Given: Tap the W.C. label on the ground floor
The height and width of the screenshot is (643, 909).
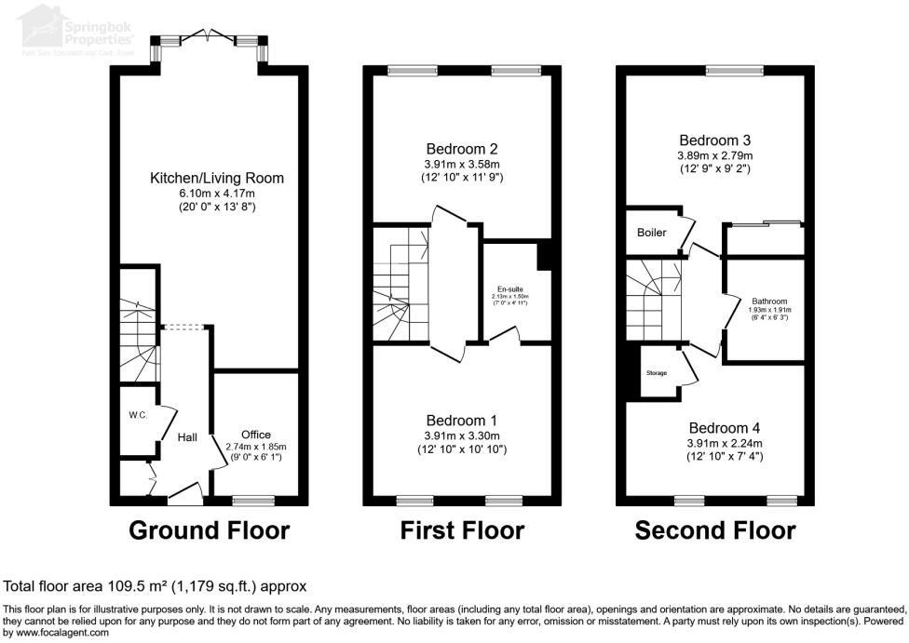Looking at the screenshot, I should [139, 415].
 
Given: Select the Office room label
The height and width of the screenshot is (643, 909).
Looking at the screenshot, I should [255, 435].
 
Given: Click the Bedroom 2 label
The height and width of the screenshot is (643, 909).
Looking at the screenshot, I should [462, 149].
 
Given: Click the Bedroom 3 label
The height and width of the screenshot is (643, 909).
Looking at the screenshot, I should [714, 141].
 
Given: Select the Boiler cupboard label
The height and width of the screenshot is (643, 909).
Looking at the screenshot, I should [652, 233].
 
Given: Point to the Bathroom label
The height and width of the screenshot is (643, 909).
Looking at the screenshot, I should [770, 301].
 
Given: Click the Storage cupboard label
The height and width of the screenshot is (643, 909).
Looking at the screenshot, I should [657, 373].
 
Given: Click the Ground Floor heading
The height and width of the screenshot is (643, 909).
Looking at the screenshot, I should [209, 530].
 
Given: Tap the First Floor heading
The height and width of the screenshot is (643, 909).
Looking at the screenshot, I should [462, 530].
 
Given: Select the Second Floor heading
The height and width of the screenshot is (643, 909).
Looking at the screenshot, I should [715, 530].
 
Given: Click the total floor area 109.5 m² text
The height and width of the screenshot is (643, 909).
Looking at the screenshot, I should [156, 586].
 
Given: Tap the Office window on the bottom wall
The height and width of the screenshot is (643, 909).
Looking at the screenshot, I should [253, 501].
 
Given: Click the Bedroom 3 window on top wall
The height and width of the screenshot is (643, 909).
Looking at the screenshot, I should [735, 70].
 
